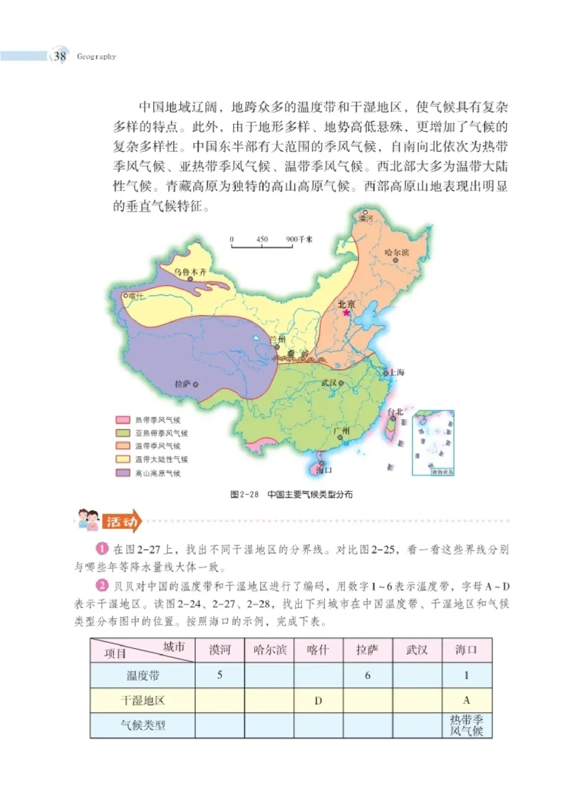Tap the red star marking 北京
(346, 312)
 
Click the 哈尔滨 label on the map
(395, 252)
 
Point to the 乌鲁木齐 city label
(190, 272)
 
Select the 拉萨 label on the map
(184, 384)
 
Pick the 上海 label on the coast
(396, 373)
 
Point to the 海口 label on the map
(323, 471)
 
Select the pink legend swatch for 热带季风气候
(122, 420)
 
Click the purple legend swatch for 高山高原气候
(122, 473)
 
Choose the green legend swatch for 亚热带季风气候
(122, 433)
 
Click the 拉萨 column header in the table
(368, 649)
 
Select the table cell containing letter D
(318, 700)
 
